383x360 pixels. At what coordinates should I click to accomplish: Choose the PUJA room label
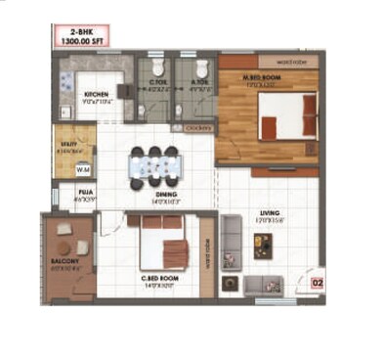[x=85, y=194]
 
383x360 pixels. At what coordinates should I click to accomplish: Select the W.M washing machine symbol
[x=82, y=169]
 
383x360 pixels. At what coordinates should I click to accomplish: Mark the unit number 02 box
[x=317, y=284]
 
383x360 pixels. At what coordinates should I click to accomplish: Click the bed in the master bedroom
[x=287, y=116]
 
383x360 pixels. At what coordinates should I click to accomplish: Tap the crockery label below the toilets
[x=198, y=128]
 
